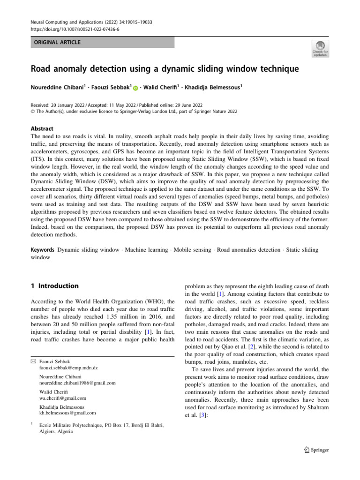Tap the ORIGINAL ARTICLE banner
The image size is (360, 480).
pyautogui.click(x=56, y=43)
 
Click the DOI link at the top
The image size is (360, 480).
pyautogui.click(x=69, y=29)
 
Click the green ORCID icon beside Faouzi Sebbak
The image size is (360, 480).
pyautogui.click(x=136, y=88)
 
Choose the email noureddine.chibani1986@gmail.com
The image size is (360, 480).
pyautogui.click(x=77, y=383)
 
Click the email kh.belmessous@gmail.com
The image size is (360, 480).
pyautogui.click(x=67, y=413)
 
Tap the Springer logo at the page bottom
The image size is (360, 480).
pyautogui.click(x=316, y=450)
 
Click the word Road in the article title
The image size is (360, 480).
pyautogui.click(x=42, y=69)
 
